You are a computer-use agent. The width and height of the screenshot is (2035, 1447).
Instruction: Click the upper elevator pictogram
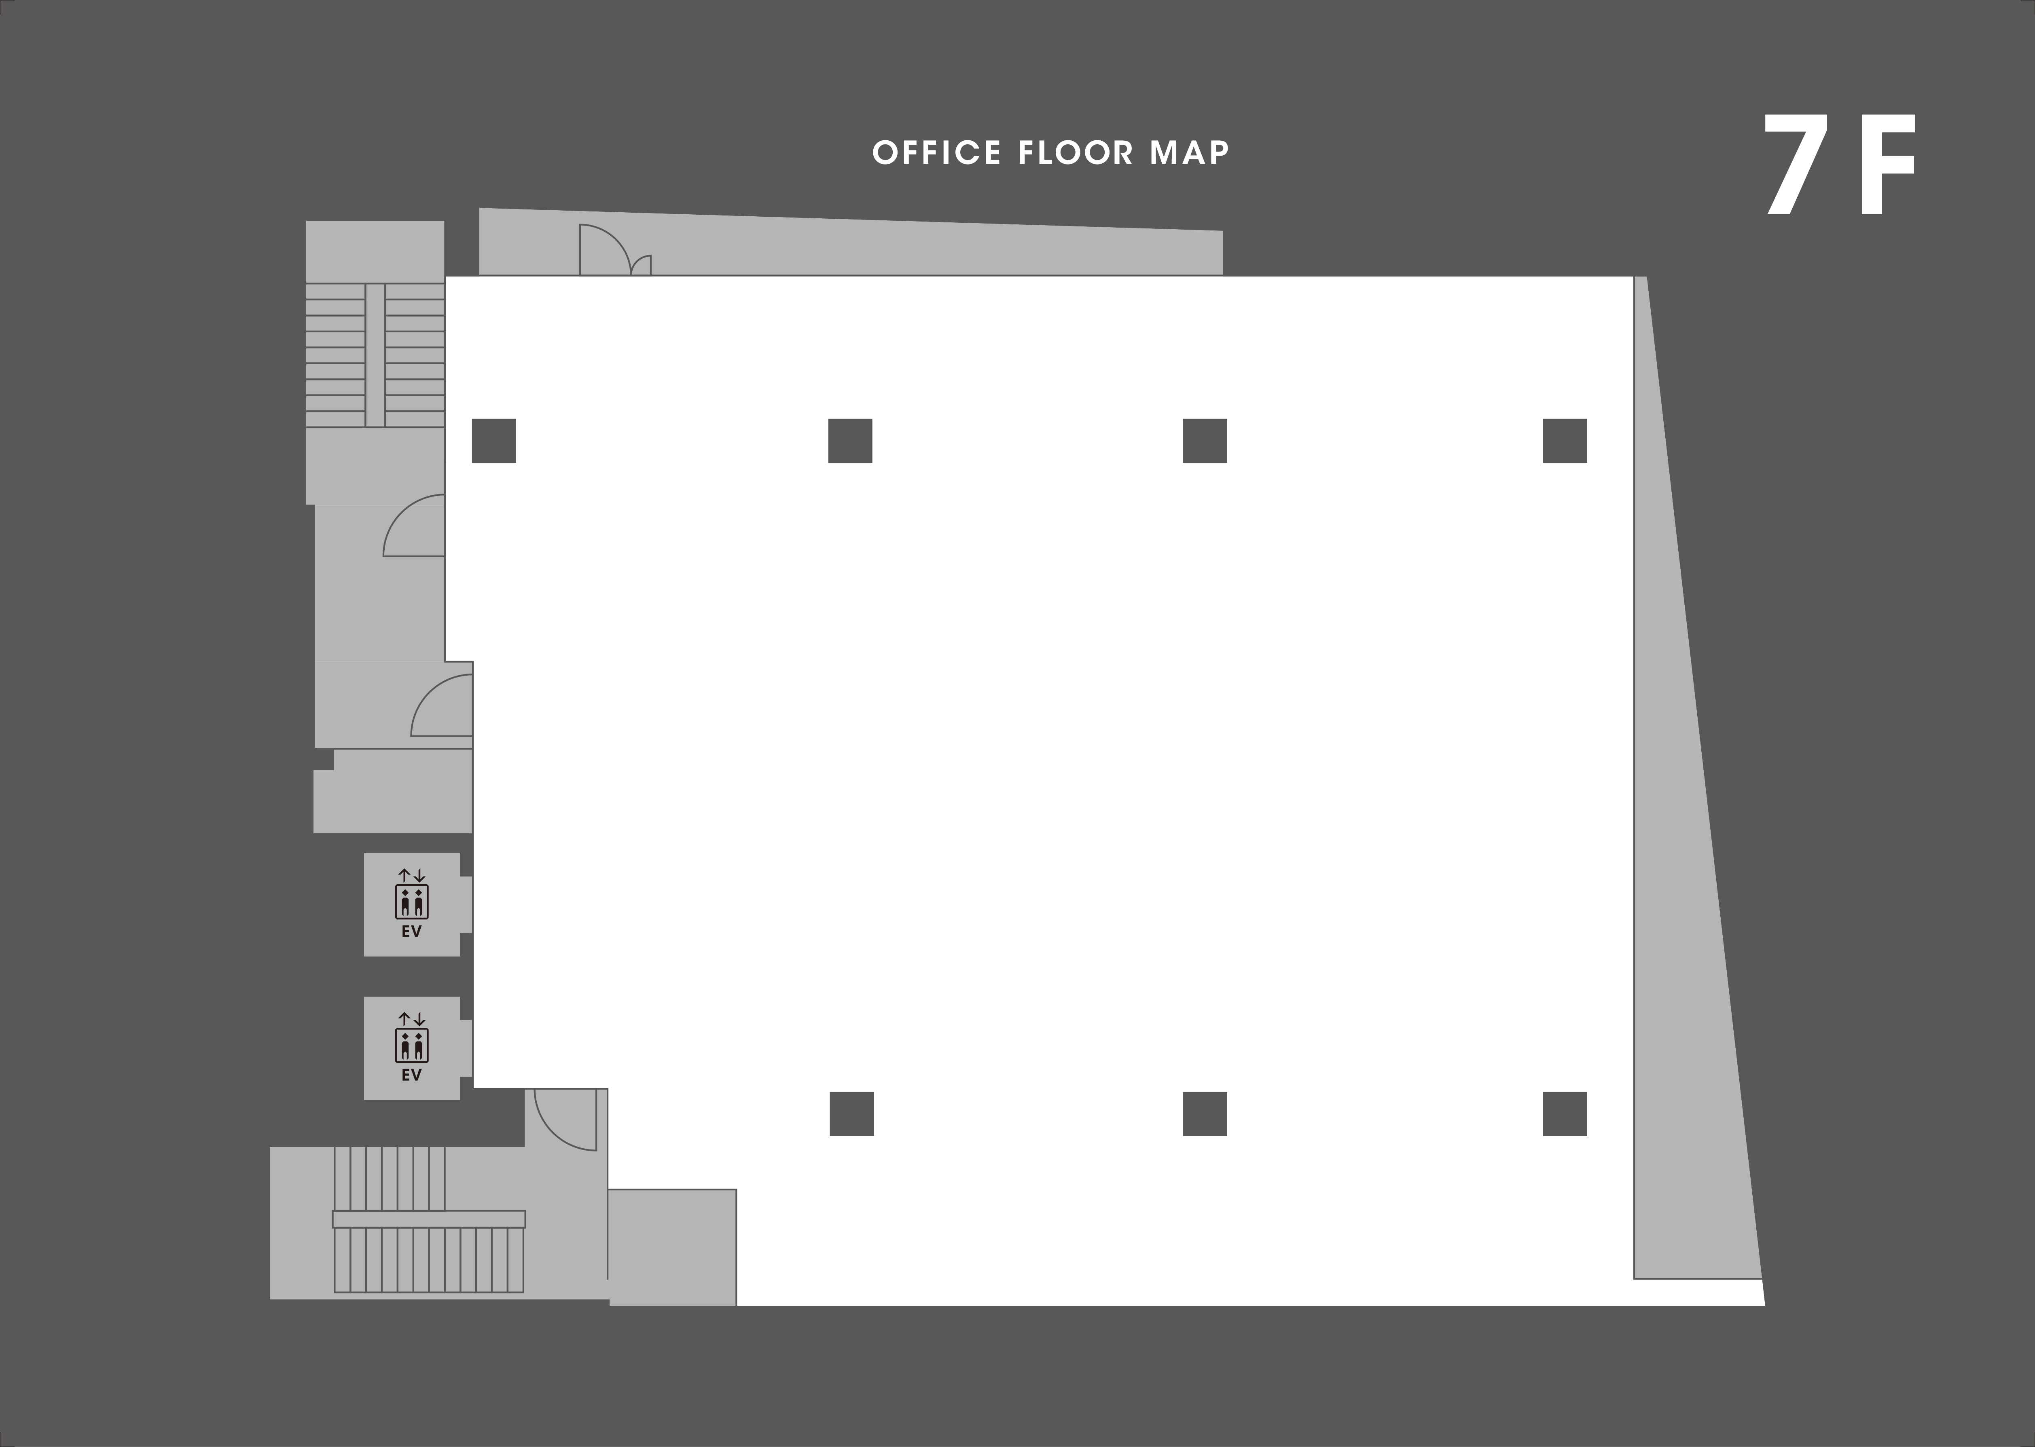[x=412, y=902]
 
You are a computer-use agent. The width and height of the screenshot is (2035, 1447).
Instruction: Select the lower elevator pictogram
[x=412, y=1045]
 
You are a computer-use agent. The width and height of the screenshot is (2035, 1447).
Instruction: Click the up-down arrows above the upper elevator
[x=412, y=875]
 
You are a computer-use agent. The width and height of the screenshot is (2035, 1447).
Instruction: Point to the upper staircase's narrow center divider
[x=375, y=355]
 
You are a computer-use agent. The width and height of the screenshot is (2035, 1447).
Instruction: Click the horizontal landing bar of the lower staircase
[x=429, y=1219]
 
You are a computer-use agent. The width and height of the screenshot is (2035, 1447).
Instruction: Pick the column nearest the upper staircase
[x=494, y=441]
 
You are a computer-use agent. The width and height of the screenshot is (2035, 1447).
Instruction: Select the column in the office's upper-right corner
[x=1565, y=441]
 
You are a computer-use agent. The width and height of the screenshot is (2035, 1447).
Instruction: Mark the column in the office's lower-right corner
[x=1565, y=1114]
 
